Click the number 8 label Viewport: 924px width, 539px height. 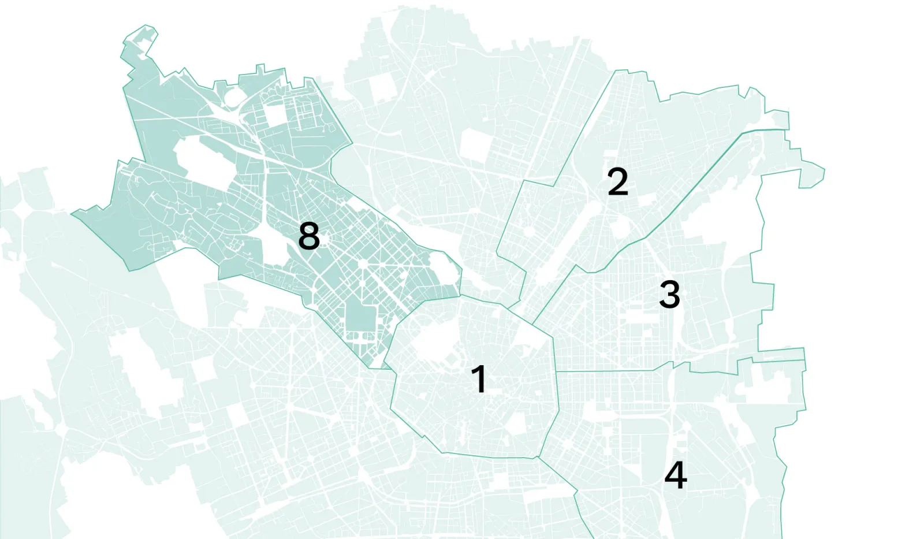click(x=309, y=236)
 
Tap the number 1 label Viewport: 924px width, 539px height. click(x=479, y=380)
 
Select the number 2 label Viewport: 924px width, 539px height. click(x=617, y=182)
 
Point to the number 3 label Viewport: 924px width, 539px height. click(x=669, y=294)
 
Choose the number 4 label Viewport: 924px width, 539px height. click(x=676, y=475)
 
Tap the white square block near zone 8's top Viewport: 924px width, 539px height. click(x=276, y=114)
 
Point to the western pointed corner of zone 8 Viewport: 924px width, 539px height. click(x=72, y=214)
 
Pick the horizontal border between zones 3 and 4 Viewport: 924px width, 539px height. click(x=612, y=370)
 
